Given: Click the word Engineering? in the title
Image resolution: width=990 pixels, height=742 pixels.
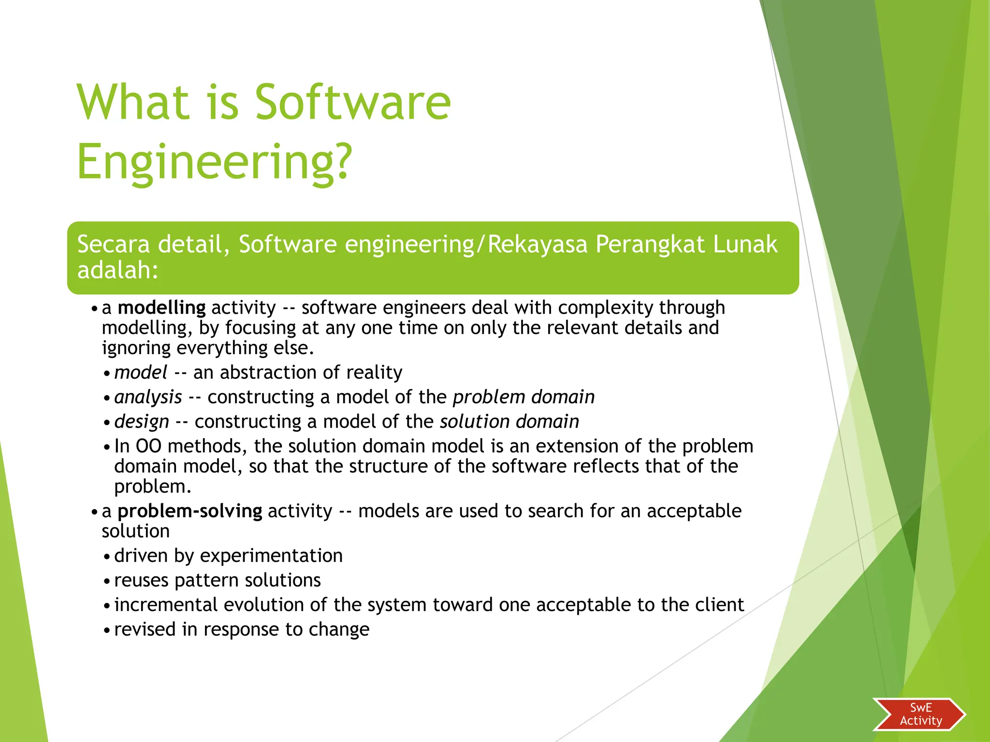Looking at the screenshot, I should point(215,162).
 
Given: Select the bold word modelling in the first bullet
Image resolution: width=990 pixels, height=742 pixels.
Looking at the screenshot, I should point(161,308).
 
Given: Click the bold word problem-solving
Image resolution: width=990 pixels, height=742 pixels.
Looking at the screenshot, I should point(190,511).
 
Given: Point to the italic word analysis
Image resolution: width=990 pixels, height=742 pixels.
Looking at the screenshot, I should point(148,397).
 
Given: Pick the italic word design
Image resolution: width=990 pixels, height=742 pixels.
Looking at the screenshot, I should point(142,422).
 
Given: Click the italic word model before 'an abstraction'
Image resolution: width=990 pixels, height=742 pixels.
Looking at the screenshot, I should point(141,372).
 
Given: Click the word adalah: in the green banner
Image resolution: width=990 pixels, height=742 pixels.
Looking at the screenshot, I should point(118,270).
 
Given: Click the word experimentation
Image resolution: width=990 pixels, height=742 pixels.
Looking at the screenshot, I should point(271,556).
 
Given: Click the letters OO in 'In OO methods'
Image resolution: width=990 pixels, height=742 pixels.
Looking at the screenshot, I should point(148,446).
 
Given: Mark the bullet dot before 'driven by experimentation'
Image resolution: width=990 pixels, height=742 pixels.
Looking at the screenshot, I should point(107,557).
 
